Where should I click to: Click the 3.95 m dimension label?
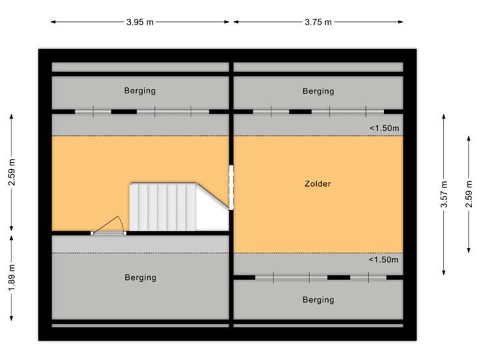pyautogui.click(x=140, y=22)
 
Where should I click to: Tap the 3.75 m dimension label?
pyautogui.click(x=318, y=22)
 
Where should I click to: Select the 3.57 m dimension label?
pyautogui.click(x=444, y=195)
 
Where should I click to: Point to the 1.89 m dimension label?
pyautogui.click(x=11, y=278)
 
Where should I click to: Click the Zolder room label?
pyautogui.click(x=318, y=184)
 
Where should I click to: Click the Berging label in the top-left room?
pyautogui.click(x=140, y=91)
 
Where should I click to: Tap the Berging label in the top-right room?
pyautogui.click(x=319, y=91)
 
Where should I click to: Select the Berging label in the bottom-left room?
pyautogui.click(x=141, y=277)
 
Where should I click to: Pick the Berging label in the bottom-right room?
pyautogui.click(x=319, y=300)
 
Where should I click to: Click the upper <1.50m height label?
pyautogui.click(x=384, y=128)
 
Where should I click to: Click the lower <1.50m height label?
pyautogui.click(x=383, y=260)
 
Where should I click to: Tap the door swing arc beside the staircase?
pyautogui.click(x=121, y=223)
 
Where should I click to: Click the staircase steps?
pyautogui.click(x=163, y=207)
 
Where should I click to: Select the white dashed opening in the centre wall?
pyautogui.click(x=231, y=187)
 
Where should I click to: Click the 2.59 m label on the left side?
pyautogui.click(x=11, y=173)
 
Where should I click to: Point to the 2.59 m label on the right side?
pyautogui.click(x=469, y=195)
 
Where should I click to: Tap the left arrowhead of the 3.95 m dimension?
pyautogui.click(x=53, y=22)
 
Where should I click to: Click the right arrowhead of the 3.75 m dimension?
pyautogui.click(x=401, y=22)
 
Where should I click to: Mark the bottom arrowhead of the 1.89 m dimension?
pyautogui.click(x=11, y=319)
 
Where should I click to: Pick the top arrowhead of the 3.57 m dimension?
pyautogui.click(x=444, y=117)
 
